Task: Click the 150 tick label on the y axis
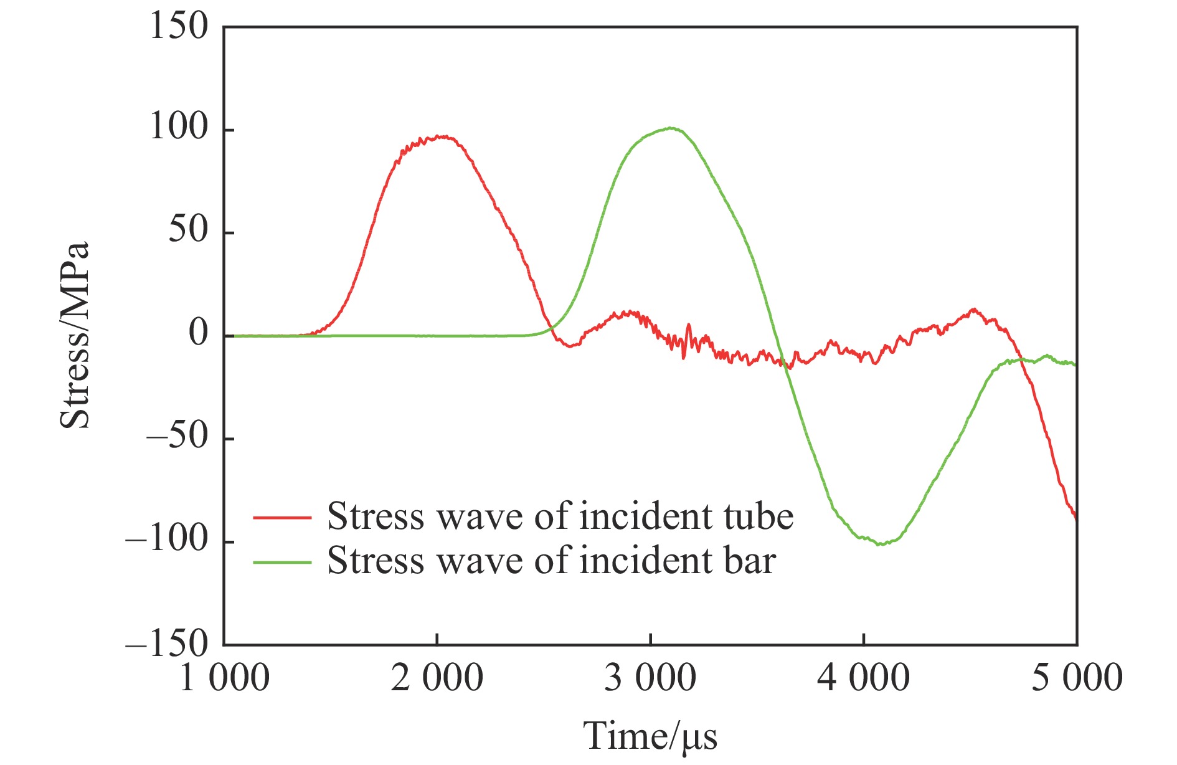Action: [x=178, y=27]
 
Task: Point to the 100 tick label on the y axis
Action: [x=178, y=128]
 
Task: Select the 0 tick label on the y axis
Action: [x=199, y=334]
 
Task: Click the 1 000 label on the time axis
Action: [x=224, y=678]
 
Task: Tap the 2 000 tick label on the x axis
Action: [x=437, y=678]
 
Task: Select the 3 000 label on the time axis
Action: [x=650, y=678]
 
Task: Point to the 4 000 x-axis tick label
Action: [x=863, y=678]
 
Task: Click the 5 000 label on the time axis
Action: [x=1077, y=678]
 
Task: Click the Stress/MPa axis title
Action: [x=75, y=336]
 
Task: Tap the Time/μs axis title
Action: [x=650, y=736]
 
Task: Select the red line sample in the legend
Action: [x=282, y=517]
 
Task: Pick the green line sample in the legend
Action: [x=282, y=562]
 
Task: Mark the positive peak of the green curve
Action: [x=670, y=128]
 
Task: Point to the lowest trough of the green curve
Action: [x=880, y=544]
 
